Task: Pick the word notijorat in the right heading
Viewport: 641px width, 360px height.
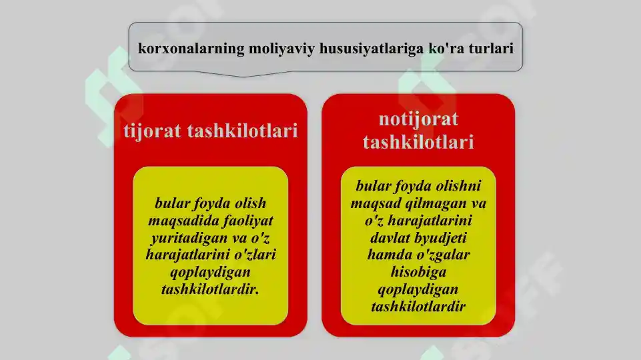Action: pyautogui.click(x=418, y=119)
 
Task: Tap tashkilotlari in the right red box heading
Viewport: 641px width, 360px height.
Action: pyautogui.click(x=418, y=142)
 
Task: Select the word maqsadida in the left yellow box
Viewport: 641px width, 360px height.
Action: pyautogui.click(x=179, y=220)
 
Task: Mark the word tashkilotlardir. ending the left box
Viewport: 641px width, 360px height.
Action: pyautogui.click(x=210, y=289)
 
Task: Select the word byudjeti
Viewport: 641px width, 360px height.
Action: pyautogui.click(x=443, y=237)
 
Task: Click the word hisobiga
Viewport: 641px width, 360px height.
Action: pyautogui.click(x=418, y=272)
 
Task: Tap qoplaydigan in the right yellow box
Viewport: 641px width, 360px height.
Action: pyautogui.click(x=418, y=289)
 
